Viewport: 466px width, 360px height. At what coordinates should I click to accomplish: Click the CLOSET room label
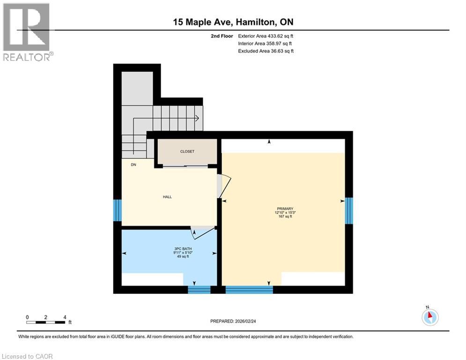pyautogui.click(x=187, y=151)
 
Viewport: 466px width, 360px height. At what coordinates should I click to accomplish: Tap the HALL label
pyautogui.click(x=167, y=197)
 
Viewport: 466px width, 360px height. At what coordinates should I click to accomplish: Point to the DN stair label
pyautogui.click(x=133, y=165)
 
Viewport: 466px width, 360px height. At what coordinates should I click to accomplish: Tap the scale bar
pyautogui.click(x=46, y=322)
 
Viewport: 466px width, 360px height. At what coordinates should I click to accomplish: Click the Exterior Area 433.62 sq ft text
pyautogui.click(x=266, y=36)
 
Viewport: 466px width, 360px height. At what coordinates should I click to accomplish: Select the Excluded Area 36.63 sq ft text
pyautogui.click(x=266, y=51)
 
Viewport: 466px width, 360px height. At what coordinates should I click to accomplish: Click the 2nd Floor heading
pyautogui.click(x=222, y=36)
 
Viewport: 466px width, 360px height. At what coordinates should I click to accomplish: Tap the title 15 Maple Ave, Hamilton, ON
pyautogui.click(x=233, y=22)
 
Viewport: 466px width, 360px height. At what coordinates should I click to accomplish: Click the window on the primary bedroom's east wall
pyautogui.click(x=349, y=211)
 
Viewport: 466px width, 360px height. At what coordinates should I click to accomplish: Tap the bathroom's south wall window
pyautogui.click(x=199, y=290)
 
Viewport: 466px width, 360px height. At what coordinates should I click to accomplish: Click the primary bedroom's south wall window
pyautogui.click(x=249, y=290)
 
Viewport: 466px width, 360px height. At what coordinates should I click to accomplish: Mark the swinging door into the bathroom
pyautogui.click(x=203, y=232)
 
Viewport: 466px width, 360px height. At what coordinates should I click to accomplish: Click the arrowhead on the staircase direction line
pyautogui.click(x=197, y=119)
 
